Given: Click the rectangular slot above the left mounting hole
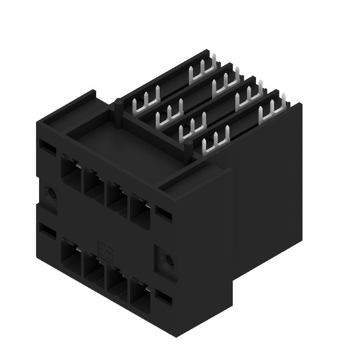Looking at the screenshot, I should click(x=46, y=147).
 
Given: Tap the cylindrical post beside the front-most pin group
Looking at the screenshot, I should click(x=189, y=148).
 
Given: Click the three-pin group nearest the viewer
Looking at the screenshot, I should click(x=215, y=142).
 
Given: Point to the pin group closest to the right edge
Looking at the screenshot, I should click(x=273, y=107).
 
